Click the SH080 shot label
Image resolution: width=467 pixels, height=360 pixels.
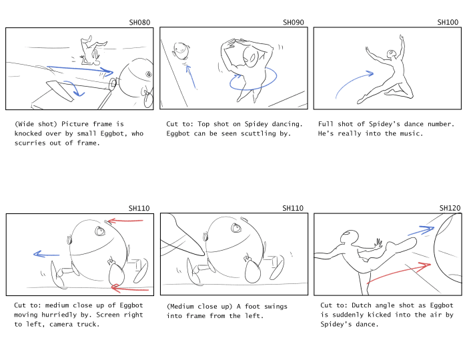(x=139, y=22)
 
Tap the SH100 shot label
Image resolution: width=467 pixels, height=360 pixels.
(x=448, y=22)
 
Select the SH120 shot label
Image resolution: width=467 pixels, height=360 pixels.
(x=450, y=208)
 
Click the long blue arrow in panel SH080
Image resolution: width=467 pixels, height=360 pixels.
(x=80, y=69)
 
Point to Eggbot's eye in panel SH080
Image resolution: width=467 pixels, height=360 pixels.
(x=149, y=74)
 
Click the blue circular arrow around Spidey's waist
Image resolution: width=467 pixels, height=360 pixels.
(x=253, y=78)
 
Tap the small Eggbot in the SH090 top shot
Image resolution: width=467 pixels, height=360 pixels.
(x=181, y=50)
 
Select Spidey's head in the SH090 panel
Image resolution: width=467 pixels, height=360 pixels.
(x=250, y=58)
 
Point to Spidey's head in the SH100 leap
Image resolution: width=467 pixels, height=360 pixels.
(x=391, y=54)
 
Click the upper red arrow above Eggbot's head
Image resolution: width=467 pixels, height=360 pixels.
(x=125, y=221)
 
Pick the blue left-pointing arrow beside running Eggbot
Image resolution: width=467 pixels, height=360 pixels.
(x=47, y=255)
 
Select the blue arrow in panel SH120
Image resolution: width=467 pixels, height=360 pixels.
(x=421, y=231)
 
